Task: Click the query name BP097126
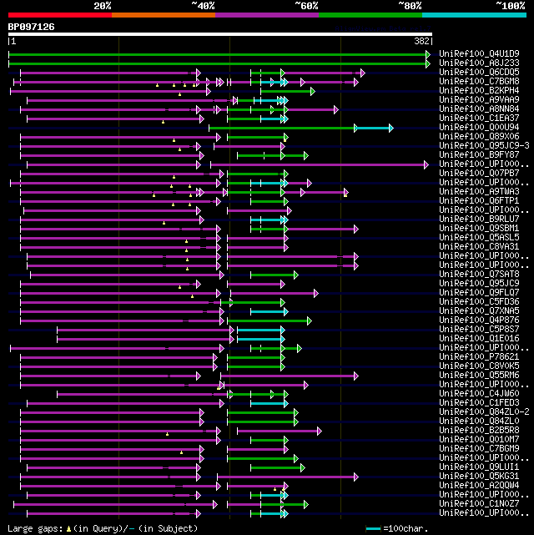[32, 27]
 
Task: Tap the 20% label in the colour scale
[103, 6]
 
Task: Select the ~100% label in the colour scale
[510, 6]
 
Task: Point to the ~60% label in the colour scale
[306, 6]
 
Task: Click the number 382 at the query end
[421, 41]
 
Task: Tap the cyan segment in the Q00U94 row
[374, 128]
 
